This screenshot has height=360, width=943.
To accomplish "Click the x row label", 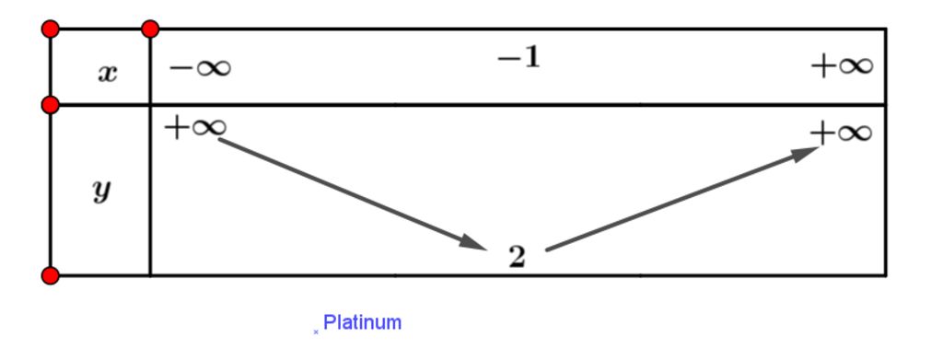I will pos(108,73).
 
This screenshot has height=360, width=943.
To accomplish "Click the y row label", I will pos(102,191).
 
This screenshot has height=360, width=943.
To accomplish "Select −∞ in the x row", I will pos(200,67).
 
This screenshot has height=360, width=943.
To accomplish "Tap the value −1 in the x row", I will pos(518,61).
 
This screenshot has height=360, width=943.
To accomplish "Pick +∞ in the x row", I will pos(842,66).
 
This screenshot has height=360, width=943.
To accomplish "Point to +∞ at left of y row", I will pos(194,127).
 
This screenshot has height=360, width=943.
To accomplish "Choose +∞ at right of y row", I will pos(841,133).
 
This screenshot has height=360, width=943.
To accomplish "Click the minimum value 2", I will pos(518,258).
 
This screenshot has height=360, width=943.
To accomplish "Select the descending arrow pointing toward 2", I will pos(350,193).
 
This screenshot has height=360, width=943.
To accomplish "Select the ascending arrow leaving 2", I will pos(681,198).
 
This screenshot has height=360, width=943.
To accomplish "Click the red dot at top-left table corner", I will pos(51,29).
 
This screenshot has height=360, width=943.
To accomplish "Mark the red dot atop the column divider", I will pos(150,29).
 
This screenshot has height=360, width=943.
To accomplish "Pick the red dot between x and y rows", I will pos(51,104).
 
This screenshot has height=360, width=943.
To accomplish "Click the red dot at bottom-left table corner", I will pos(51,275).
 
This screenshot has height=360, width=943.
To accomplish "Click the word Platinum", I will pos(363,323).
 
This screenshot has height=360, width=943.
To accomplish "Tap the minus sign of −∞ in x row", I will pos(180,67).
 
